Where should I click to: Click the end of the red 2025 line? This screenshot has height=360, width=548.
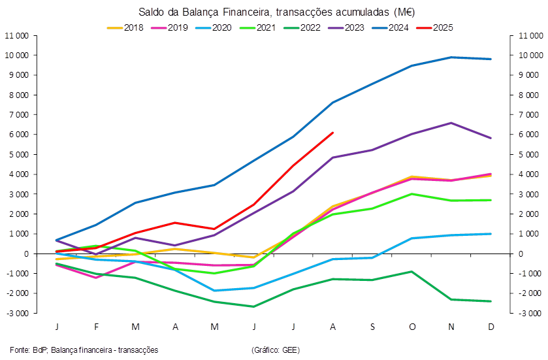coord(333,133)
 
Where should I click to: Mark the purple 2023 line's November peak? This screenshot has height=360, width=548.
coord(451,123)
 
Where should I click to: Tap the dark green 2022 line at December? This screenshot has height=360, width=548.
coord(491,301)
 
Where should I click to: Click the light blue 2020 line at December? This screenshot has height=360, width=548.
coord(491,233)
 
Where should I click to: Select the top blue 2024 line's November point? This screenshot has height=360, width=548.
coord(451,57)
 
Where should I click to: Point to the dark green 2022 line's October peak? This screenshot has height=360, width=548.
coord(412,271)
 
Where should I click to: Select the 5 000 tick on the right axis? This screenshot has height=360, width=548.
coord(529,154)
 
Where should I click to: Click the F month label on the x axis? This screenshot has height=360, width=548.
coord(96,326)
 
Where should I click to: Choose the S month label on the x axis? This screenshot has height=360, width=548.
coord(372,326)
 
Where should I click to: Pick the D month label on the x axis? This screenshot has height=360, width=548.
coord(491,326)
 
